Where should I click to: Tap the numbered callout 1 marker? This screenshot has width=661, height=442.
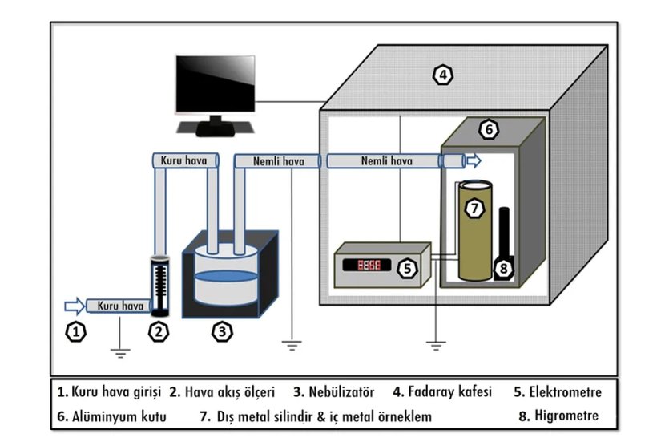(x=75, y=330)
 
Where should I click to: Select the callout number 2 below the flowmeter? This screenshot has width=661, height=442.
(x=160, y=330)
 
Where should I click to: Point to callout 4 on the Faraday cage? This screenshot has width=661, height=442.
(x=442, y=76)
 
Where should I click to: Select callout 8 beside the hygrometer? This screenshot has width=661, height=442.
(x=503, y=269)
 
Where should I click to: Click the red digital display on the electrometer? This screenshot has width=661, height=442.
(x=369, y=265)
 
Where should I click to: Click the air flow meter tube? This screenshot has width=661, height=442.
(x=161, y=286)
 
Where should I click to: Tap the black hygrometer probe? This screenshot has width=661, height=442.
(x=504, y=233)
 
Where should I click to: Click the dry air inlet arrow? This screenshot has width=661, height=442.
(x=72, y=305)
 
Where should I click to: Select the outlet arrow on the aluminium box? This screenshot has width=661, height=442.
(x=474, y=161)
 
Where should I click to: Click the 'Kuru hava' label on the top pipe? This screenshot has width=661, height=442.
(x=184, y=161)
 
